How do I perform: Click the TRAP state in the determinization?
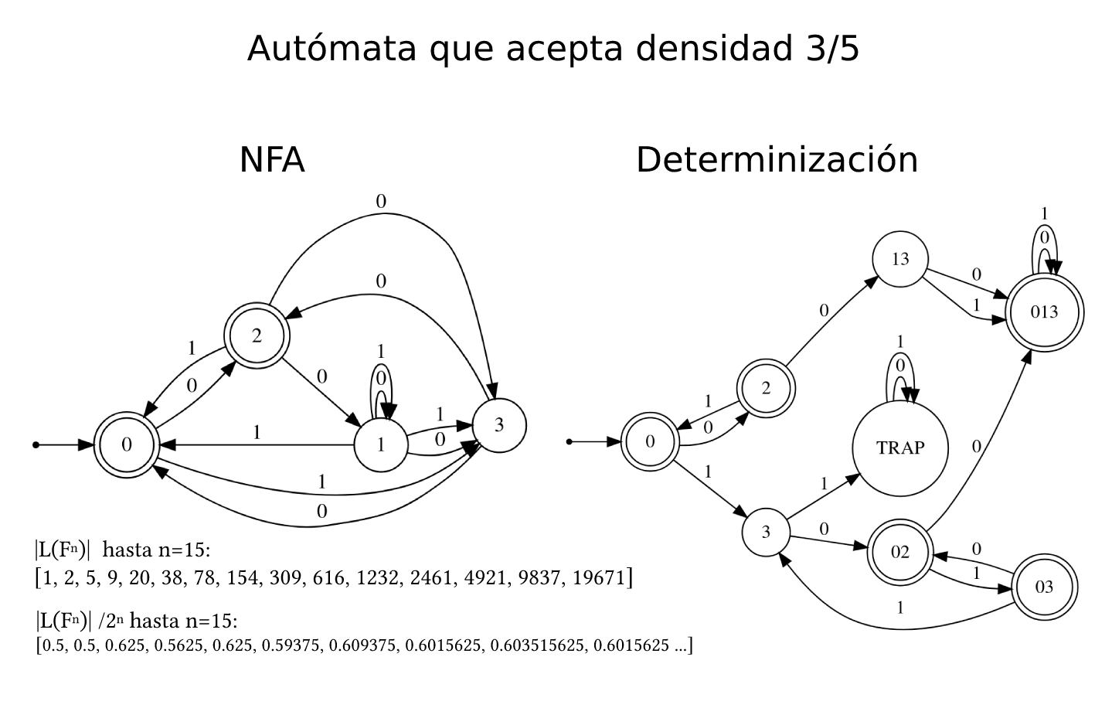click(900, 448)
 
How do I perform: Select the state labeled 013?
click(1044, 313)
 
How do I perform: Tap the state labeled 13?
click(900, 259)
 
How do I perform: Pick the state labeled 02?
click(900, 552)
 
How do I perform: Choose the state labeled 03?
click(1044, 587)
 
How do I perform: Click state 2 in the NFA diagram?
click(257, 336)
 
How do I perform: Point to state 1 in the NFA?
click(381, 444)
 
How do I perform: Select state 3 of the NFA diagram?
click(499, 424)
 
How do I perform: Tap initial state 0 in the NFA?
click(127, 444)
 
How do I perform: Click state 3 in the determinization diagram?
click(766, 532)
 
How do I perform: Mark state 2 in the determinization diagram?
click(766, 388)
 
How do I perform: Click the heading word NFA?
click(272, 160)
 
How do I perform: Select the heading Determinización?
click(777, 160)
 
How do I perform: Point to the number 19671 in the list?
click(600, 577)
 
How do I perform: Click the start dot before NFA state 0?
click(36, 445)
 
